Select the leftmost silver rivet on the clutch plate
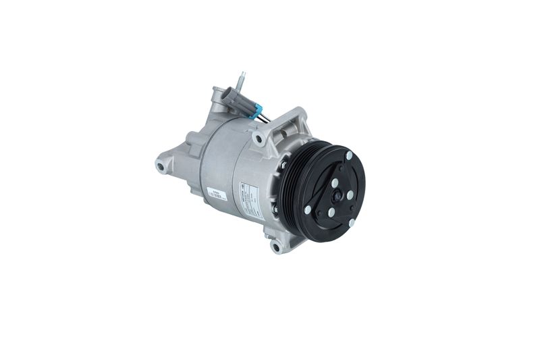pos(308,209)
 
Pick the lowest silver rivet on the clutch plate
pos(352,222)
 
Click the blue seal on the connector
pos(253,113)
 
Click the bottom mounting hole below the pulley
pos(275,247)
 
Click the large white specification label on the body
pos(250,199)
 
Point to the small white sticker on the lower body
pos(217,195)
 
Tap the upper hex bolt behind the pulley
pos(283,164)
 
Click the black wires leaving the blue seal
pos(265,118)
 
